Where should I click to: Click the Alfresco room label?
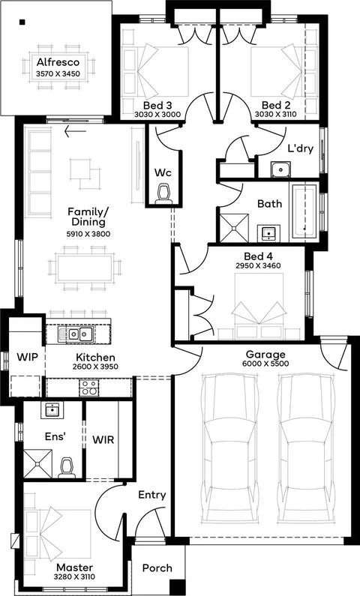click(x=58, y=62)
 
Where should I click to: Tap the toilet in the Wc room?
click(x=163, y=193)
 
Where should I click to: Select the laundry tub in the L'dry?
click(x=281, y=169)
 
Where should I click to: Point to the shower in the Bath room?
click(x=235, y=227)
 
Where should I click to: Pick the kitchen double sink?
click(x=76, y=334)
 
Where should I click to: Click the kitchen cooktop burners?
click(x=89, y=388)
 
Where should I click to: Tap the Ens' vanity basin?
click(x=52, y=410)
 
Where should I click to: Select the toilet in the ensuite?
click(x=67, y=467)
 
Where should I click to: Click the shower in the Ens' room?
click(x=37, y=463)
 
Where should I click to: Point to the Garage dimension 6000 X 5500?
click(x=265, y=364)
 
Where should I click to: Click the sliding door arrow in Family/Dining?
click(x=75, y=131)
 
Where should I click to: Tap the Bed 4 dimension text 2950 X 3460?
click(x=258, y=265)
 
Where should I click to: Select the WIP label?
click(x=27, y=358)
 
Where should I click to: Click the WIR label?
click(x=103, y=440)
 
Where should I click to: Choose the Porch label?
click(x=157, y=568)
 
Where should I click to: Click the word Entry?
click(x=152, y=495)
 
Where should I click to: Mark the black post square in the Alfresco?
click(x=22, y=22)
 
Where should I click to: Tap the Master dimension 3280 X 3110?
click(x=74, y=577)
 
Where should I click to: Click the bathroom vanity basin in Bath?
click(x=268, y=232)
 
